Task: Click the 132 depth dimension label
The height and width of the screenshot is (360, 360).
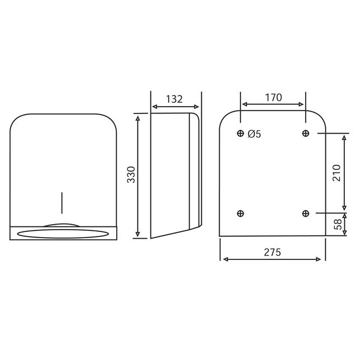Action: [174, 99]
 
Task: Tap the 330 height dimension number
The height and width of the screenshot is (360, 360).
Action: [131, 175]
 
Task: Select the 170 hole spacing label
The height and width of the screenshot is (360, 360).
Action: [273, 98]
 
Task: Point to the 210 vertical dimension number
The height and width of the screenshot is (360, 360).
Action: [337, 173]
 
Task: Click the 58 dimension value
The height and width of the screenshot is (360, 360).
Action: [338, 224]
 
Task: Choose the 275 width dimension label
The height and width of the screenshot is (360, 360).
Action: [272, 252]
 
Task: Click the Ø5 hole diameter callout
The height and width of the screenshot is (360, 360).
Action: [254, 134]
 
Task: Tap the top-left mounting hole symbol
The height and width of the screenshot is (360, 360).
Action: [240, 133]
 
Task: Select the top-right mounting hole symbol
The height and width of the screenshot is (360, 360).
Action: [306, 133]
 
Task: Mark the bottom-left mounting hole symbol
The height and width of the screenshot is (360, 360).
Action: [240, 214]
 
